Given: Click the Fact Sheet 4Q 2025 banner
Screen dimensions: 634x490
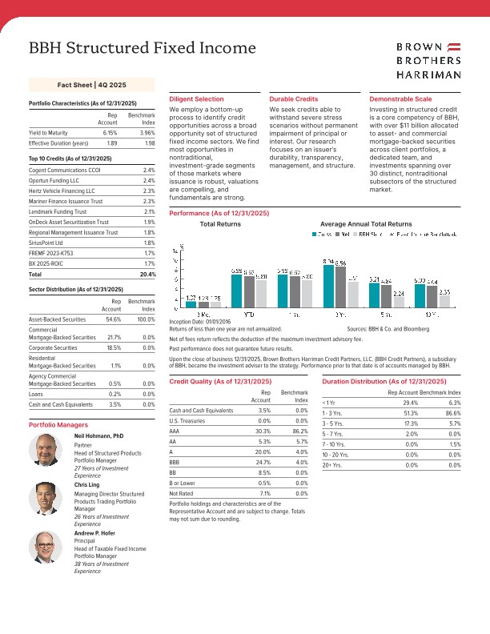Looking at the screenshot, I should point(92,84).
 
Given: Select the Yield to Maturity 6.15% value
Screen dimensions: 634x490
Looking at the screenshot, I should point(109,132).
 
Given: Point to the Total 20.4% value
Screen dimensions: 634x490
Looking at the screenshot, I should point(147,274).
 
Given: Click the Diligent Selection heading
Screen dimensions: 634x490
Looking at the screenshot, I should point(197,98).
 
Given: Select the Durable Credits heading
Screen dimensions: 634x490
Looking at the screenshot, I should point(293,98).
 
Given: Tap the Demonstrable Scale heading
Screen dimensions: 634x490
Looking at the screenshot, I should point(401,98).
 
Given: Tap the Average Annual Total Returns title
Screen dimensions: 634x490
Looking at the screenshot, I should point(365,224).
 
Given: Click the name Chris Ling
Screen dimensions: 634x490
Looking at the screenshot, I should point(86,485).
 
